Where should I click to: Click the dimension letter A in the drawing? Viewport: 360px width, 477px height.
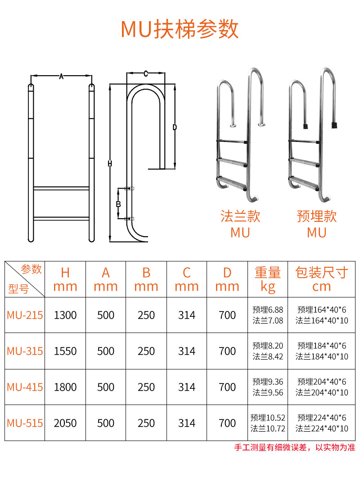pos(61,76)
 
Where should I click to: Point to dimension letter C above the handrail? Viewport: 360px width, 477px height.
pos(146,74)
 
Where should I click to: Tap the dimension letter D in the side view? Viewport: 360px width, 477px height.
pos(175,127)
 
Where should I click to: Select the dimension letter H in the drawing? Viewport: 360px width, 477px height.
pos(110,164)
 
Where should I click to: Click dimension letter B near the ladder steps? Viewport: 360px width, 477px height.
pos(118,204)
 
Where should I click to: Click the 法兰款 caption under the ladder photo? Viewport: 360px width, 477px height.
pos(240,216)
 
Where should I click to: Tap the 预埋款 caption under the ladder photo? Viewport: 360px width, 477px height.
pos(316,216)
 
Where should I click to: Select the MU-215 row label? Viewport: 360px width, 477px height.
pos(25,315)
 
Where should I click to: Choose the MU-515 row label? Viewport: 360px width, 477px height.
pos(25,423)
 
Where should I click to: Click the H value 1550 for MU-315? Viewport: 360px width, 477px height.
pos(65,351)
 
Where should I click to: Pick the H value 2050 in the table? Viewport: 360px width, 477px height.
pos(65,423)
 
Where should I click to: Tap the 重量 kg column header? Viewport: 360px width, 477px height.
pos(268,279)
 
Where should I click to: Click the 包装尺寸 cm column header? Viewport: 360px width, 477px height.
pos(322,279)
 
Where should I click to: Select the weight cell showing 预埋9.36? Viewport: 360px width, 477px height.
pos(268,382)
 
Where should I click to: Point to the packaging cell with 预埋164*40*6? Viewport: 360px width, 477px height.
pos(322,310)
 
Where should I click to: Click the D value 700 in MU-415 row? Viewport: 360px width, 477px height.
pos(227,387)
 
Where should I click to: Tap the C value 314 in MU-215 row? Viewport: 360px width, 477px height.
pos(187,315)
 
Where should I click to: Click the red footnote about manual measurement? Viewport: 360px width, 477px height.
pos(295,447)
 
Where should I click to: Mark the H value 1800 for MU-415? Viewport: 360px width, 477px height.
pos(65,387)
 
